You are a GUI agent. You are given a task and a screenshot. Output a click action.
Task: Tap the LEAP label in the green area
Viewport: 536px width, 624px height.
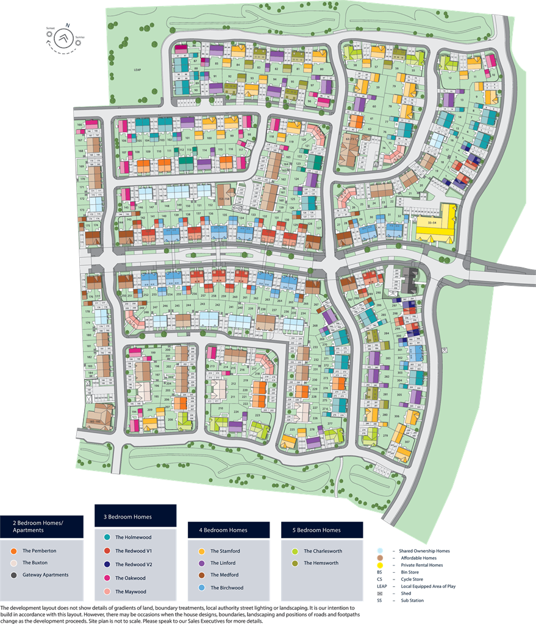137,70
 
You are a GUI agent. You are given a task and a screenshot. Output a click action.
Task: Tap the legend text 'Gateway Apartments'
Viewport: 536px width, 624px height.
46,575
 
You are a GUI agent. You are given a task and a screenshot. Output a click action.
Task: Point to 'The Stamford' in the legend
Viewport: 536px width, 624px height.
225,551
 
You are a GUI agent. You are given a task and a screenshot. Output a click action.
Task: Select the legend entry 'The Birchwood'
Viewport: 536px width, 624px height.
227,587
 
